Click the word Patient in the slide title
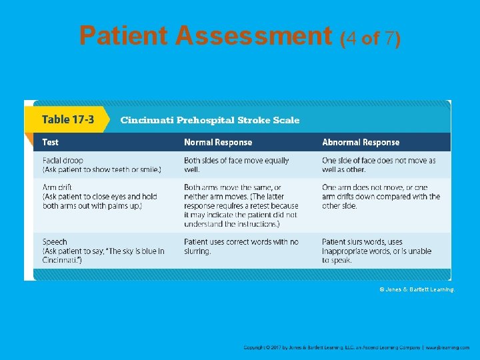(123, 36)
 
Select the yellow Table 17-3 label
(68, 119)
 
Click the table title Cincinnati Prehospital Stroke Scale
(210, 121)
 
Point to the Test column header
(51, 142)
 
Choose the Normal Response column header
(218, 142)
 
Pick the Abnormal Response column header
(361, 142)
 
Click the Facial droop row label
(63, 161)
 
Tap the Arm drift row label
(57, 187)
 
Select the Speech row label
(55, 242)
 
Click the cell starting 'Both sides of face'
(236, 165)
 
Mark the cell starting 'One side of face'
(378, 165)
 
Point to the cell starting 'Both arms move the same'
(241, 205)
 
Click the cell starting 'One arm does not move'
(381, 197)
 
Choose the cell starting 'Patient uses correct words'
(241, 246)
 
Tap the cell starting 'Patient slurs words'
(376, 251)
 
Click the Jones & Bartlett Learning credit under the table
(417, 289)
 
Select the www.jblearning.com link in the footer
(448, 347)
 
